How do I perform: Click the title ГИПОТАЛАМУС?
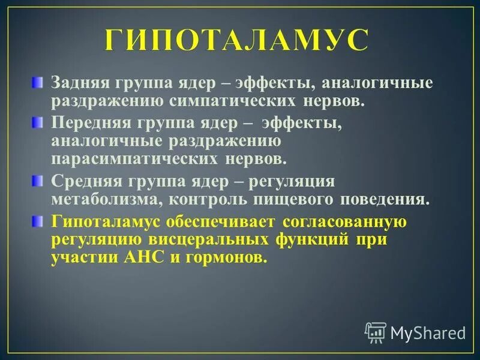(236, 41)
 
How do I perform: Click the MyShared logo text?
(428, 332)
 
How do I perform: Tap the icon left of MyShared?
(376, 331)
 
